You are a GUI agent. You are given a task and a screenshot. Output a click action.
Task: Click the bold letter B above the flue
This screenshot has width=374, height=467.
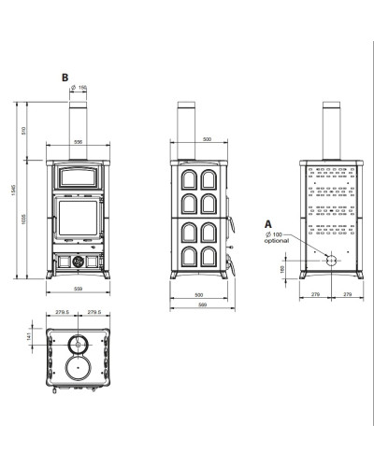coord(65,78)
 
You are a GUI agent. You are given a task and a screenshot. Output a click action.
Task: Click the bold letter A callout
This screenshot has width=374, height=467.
coord(268,224)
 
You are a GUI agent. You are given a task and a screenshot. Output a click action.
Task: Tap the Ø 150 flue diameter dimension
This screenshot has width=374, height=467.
coord(79,88)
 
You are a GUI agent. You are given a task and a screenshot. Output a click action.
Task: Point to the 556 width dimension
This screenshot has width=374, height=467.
coord(79,142)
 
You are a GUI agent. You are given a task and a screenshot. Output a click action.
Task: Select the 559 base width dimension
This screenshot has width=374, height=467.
coord(79,289)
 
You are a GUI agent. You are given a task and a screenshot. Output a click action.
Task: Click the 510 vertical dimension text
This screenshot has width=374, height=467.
coord(22,131)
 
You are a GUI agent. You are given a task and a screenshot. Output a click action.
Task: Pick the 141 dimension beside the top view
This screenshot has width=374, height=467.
coord(29,336)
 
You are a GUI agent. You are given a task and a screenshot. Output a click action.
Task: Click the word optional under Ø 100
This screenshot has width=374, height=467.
coord(276,241)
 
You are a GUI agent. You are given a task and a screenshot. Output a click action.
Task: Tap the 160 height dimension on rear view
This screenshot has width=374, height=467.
coord(282,269)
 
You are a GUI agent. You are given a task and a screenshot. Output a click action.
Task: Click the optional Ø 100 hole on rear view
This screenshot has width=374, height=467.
coord(331,261)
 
